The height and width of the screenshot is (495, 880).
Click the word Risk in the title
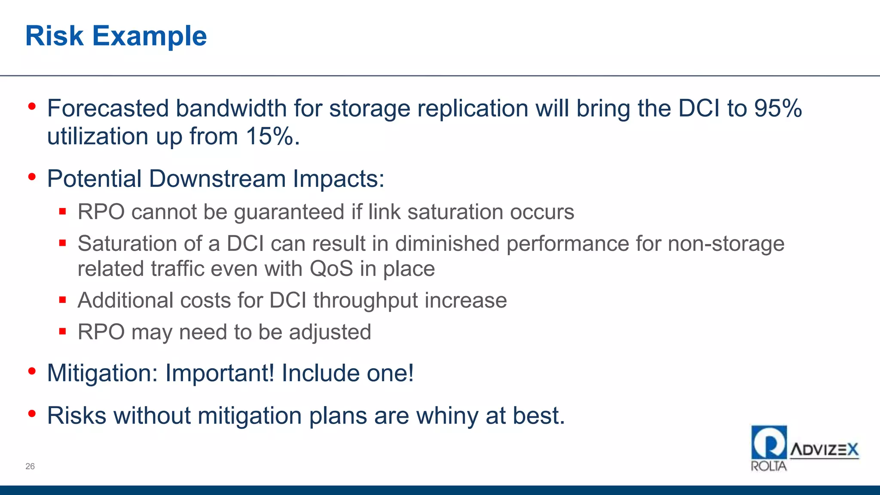coord(54,36)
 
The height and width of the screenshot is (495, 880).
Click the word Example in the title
coord(150,37)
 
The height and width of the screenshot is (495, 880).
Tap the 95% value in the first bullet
coord(778,108)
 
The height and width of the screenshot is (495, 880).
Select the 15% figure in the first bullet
coord(270,137)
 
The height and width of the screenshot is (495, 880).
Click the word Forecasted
coord(107,108)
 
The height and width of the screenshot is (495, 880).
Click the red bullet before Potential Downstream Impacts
coord(32,177)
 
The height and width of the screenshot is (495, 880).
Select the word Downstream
coord(217,179)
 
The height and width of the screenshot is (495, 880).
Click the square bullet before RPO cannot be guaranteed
coord(63,211)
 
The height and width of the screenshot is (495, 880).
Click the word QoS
coord(331,269)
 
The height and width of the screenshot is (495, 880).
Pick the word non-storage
coord(726,244)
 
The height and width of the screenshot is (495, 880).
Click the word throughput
coord(366,301)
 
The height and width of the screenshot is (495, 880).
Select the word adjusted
coord(330,332)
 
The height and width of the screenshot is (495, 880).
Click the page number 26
coord(30,466)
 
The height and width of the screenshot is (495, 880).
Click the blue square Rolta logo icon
coord(769,442)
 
